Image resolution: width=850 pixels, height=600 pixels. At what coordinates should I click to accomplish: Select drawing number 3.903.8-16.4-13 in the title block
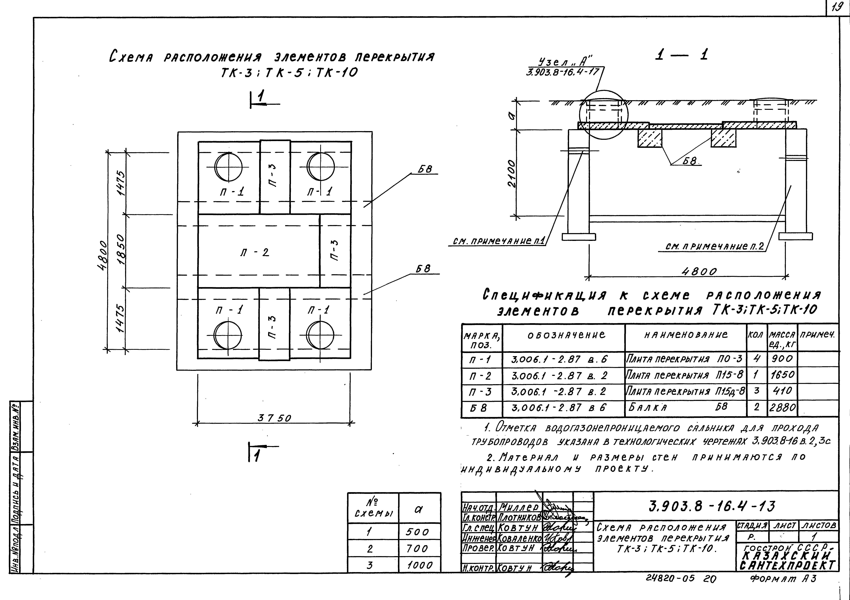pyautogui.click(x=712, y=506)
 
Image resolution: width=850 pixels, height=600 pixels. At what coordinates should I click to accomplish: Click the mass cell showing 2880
pyautogui.click(x=782, y=407)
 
